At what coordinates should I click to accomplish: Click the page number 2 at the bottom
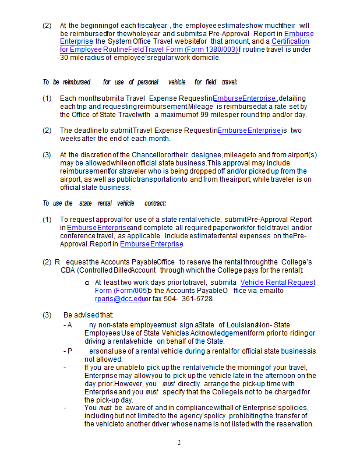(179, 443)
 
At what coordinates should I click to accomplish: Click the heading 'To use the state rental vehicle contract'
(104, 203)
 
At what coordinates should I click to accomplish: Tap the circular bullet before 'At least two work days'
(87, 282)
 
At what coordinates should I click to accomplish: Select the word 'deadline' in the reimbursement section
(88, 130)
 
